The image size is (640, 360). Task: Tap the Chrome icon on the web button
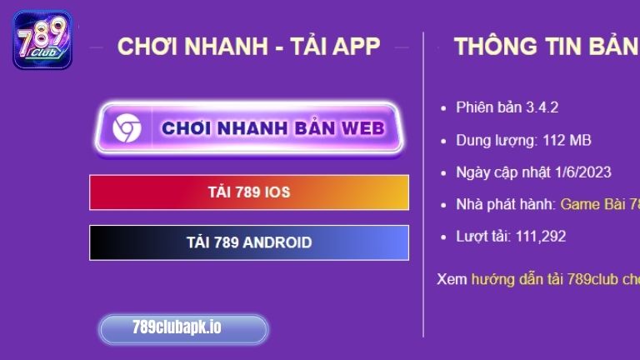coord(127,128)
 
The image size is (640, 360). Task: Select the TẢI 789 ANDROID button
coord(249,242)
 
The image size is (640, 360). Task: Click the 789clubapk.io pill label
coord(183,328)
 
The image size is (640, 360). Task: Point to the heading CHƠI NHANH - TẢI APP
coord(248,47)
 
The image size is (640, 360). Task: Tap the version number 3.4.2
coord(542,107)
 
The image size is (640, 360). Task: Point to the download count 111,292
coord(540,237)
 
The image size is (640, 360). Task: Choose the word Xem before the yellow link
coord(452,279)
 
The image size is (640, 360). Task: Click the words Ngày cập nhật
coord(504,172)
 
